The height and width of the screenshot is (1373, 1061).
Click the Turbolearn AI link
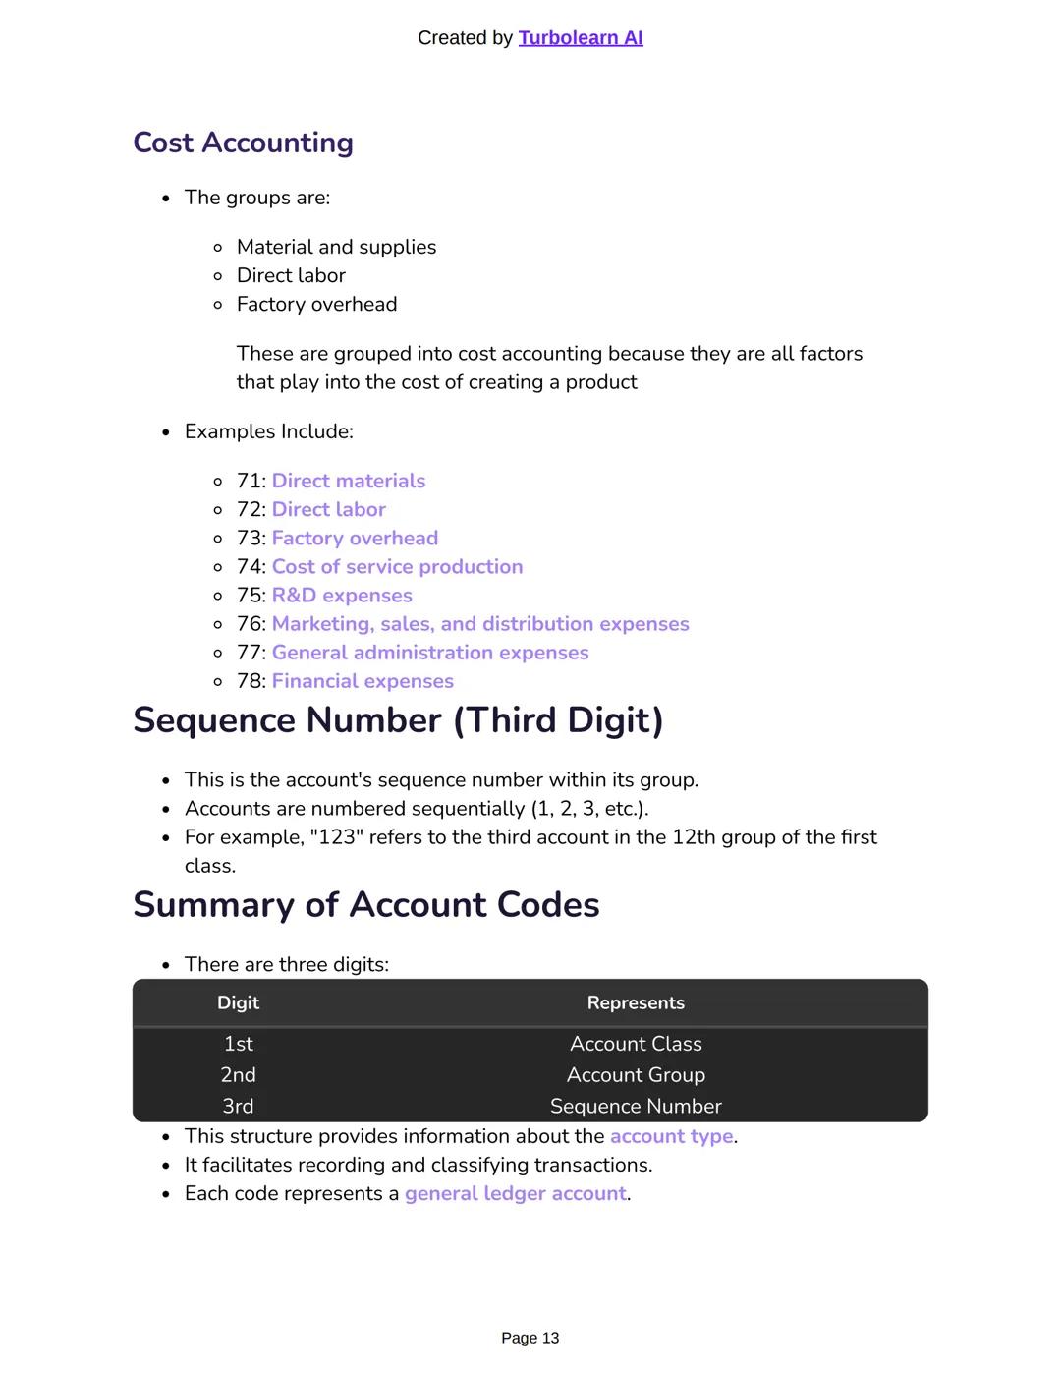coord(580,38)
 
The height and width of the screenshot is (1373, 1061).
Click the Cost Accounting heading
coord(243,143)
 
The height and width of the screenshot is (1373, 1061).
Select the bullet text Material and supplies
coord(336,247)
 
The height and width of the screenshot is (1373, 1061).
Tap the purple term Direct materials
coord(348,481)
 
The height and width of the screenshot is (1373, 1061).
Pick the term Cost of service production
coord(397,566)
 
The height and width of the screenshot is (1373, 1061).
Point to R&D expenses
coord(342,595)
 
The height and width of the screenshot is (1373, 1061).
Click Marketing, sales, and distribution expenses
coord(479,623)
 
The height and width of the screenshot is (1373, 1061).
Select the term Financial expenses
coord(362,681)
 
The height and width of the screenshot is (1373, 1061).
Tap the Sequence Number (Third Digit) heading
coord(398,720)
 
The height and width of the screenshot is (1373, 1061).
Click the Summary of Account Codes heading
coord(365,905)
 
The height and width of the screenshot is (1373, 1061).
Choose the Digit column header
coord(238,1002)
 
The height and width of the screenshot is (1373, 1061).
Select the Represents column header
coord(636,1002)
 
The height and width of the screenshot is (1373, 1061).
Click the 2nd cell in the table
coord(238,1074)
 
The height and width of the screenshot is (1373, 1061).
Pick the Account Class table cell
coord(636,1044)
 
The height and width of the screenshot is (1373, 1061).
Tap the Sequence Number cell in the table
coord(636,1106)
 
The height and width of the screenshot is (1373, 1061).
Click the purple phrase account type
coord(671,1136)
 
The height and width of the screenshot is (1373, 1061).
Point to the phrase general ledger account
coord(515,1193)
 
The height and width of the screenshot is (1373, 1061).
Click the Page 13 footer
coord(530,1338)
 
